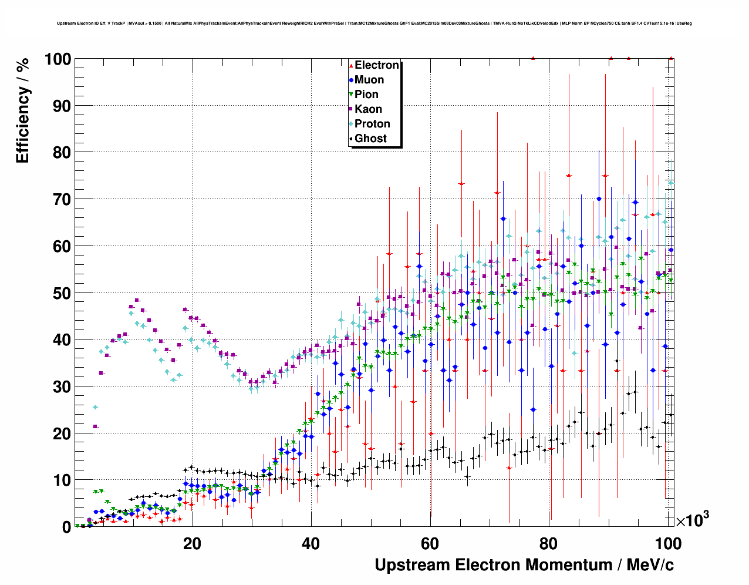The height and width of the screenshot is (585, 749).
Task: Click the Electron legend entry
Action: (x=376, y=65)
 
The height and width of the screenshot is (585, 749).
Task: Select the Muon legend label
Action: (x=369, y=80)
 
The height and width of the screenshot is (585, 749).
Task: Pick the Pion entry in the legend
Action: (x=366, y=95)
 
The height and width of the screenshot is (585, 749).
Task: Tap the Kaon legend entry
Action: (x=368, y=109)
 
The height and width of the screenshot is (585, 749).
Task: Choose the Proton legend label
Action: (x=372, y=124)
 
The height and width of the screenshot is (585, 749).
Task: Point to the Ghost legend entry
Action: (x=370, y=139)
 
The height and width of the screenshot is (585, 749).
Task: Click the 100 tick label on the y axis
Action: (x=58, y=59)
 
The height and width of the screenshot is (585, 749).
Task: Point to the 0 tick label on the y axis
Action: (x=66, y=527)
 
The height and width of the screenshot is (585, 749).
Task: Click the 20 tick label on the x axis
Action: (x=192, y=544)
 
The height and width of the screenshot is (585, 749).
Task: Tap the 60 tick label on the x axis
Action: (x=430, y=544)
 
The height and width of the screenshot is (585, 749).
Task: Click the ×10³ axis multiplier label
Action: (x=692, y=520)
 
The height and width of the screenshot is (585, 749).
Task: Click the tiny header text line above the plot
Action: (x=374, y=23)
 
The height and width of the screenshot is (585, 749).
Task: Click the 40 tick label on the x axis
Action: (x=311, y=544)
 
